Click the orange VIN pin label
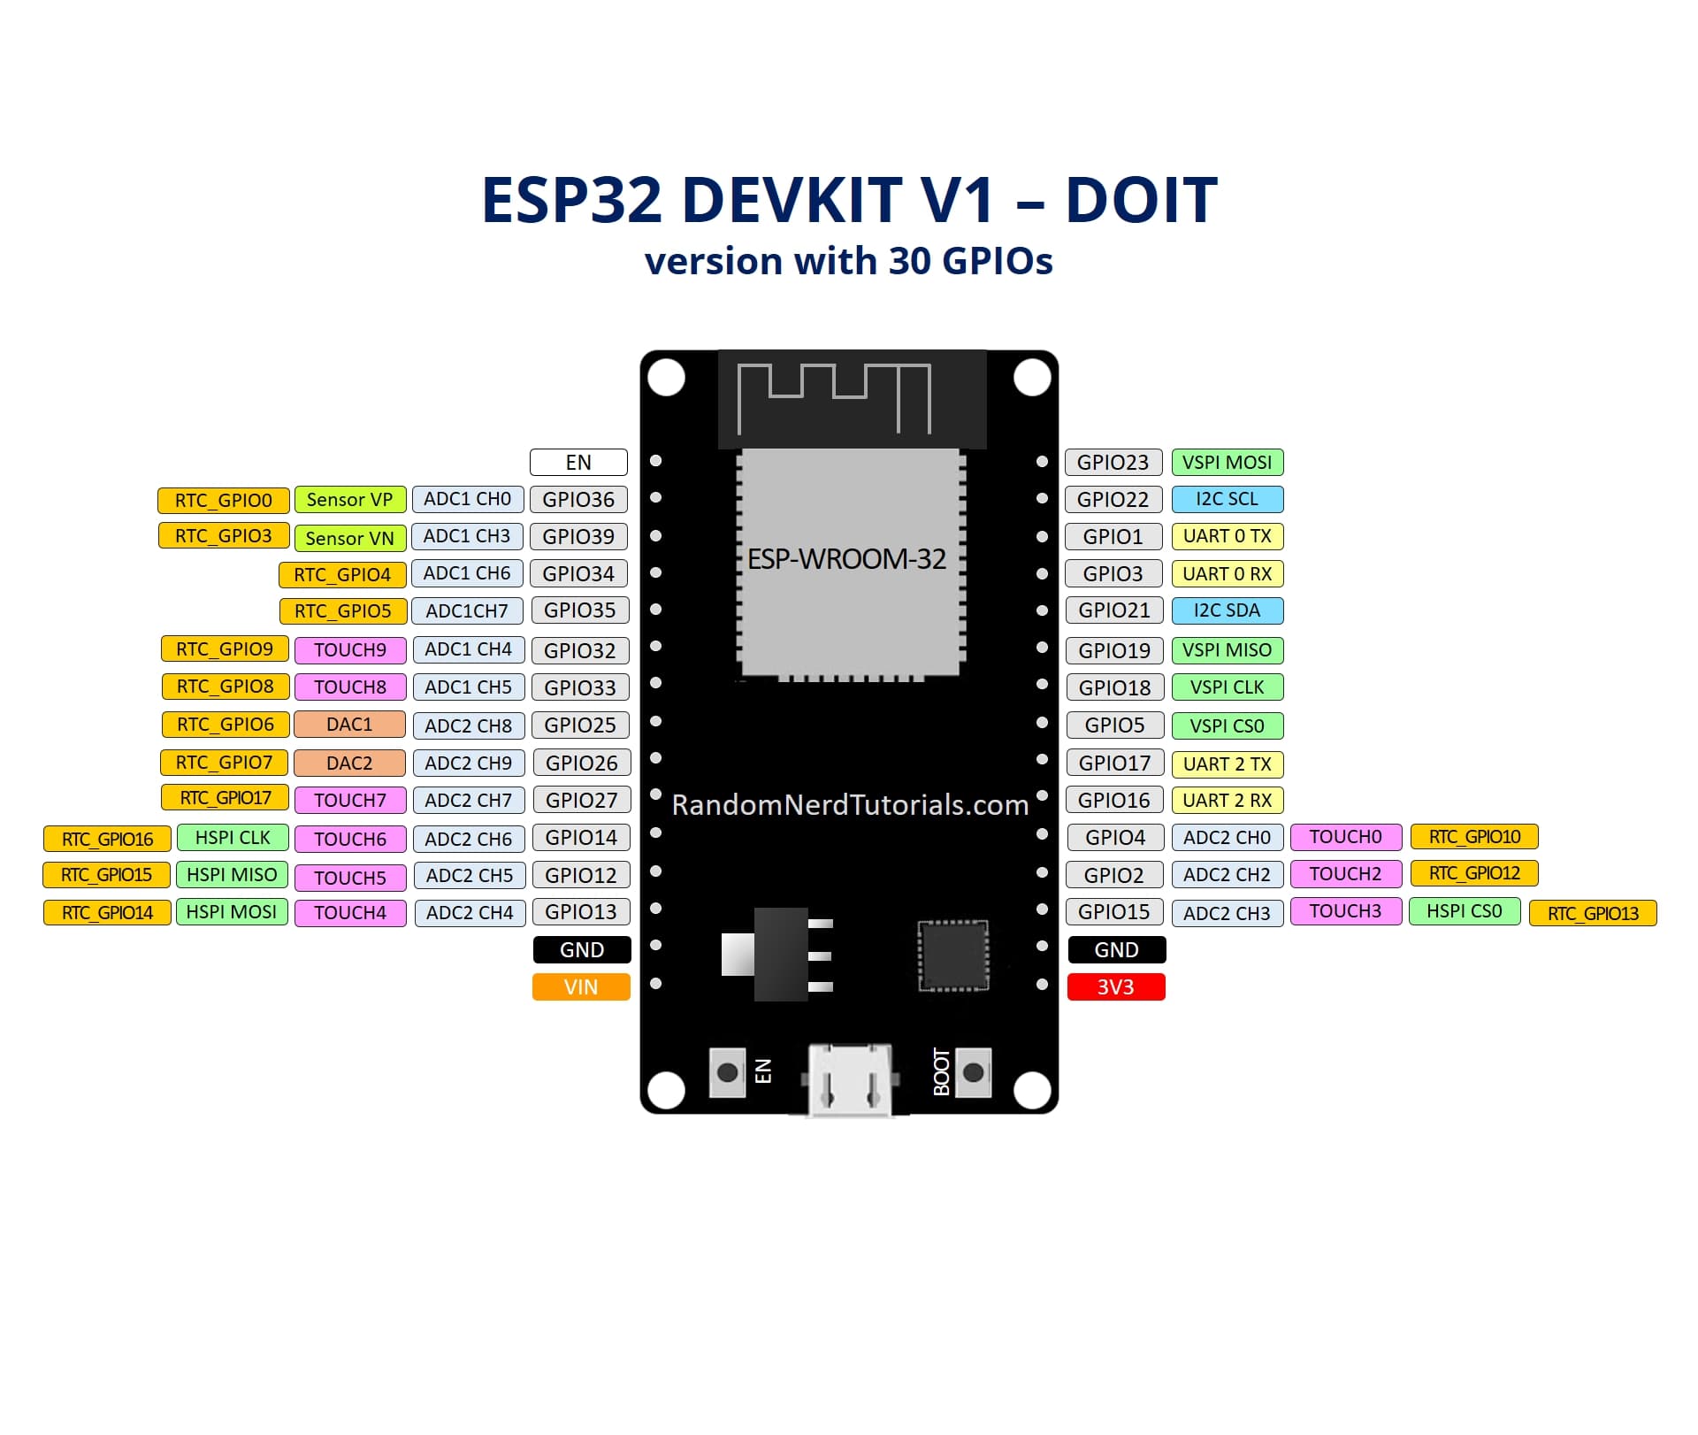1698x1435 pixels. point(581,986)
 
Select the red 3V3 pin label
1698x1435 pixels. point(1116,986)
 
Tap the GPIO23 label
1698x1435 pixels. point(1113,462)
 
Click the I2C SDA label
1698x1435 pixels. point(1227,610)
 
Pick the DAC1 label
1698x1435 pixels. point(349,725)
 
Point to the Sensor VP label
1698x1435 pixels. point(349,500)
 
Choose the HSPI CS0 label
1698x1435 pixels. point(1464,911)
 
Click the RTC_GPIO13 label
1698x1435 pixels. point(1593,913)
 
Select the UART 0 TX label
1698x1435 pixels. point(1227,536)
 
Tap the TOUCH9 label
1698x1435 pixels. point(349,650)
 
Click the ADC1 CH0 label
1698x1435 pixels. point(467,499)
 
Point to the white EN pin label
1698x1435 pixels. point(578,462)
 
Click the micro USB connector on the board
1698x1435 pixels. point(849,1079)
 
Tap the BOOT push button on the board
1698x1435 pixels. point(973,1073)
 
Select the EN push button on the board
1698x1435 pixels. point(727,1073)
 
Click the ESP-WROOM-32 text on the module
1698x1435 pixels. point(846,559)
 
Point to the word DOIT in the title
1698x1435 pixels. point(1141,200)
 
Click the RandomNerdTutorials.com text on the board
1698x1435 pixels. point(850,805)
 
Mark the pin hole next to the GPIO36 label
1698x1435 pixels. point(656,497)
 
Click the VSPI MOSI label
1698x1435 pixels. point(1227,462)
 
